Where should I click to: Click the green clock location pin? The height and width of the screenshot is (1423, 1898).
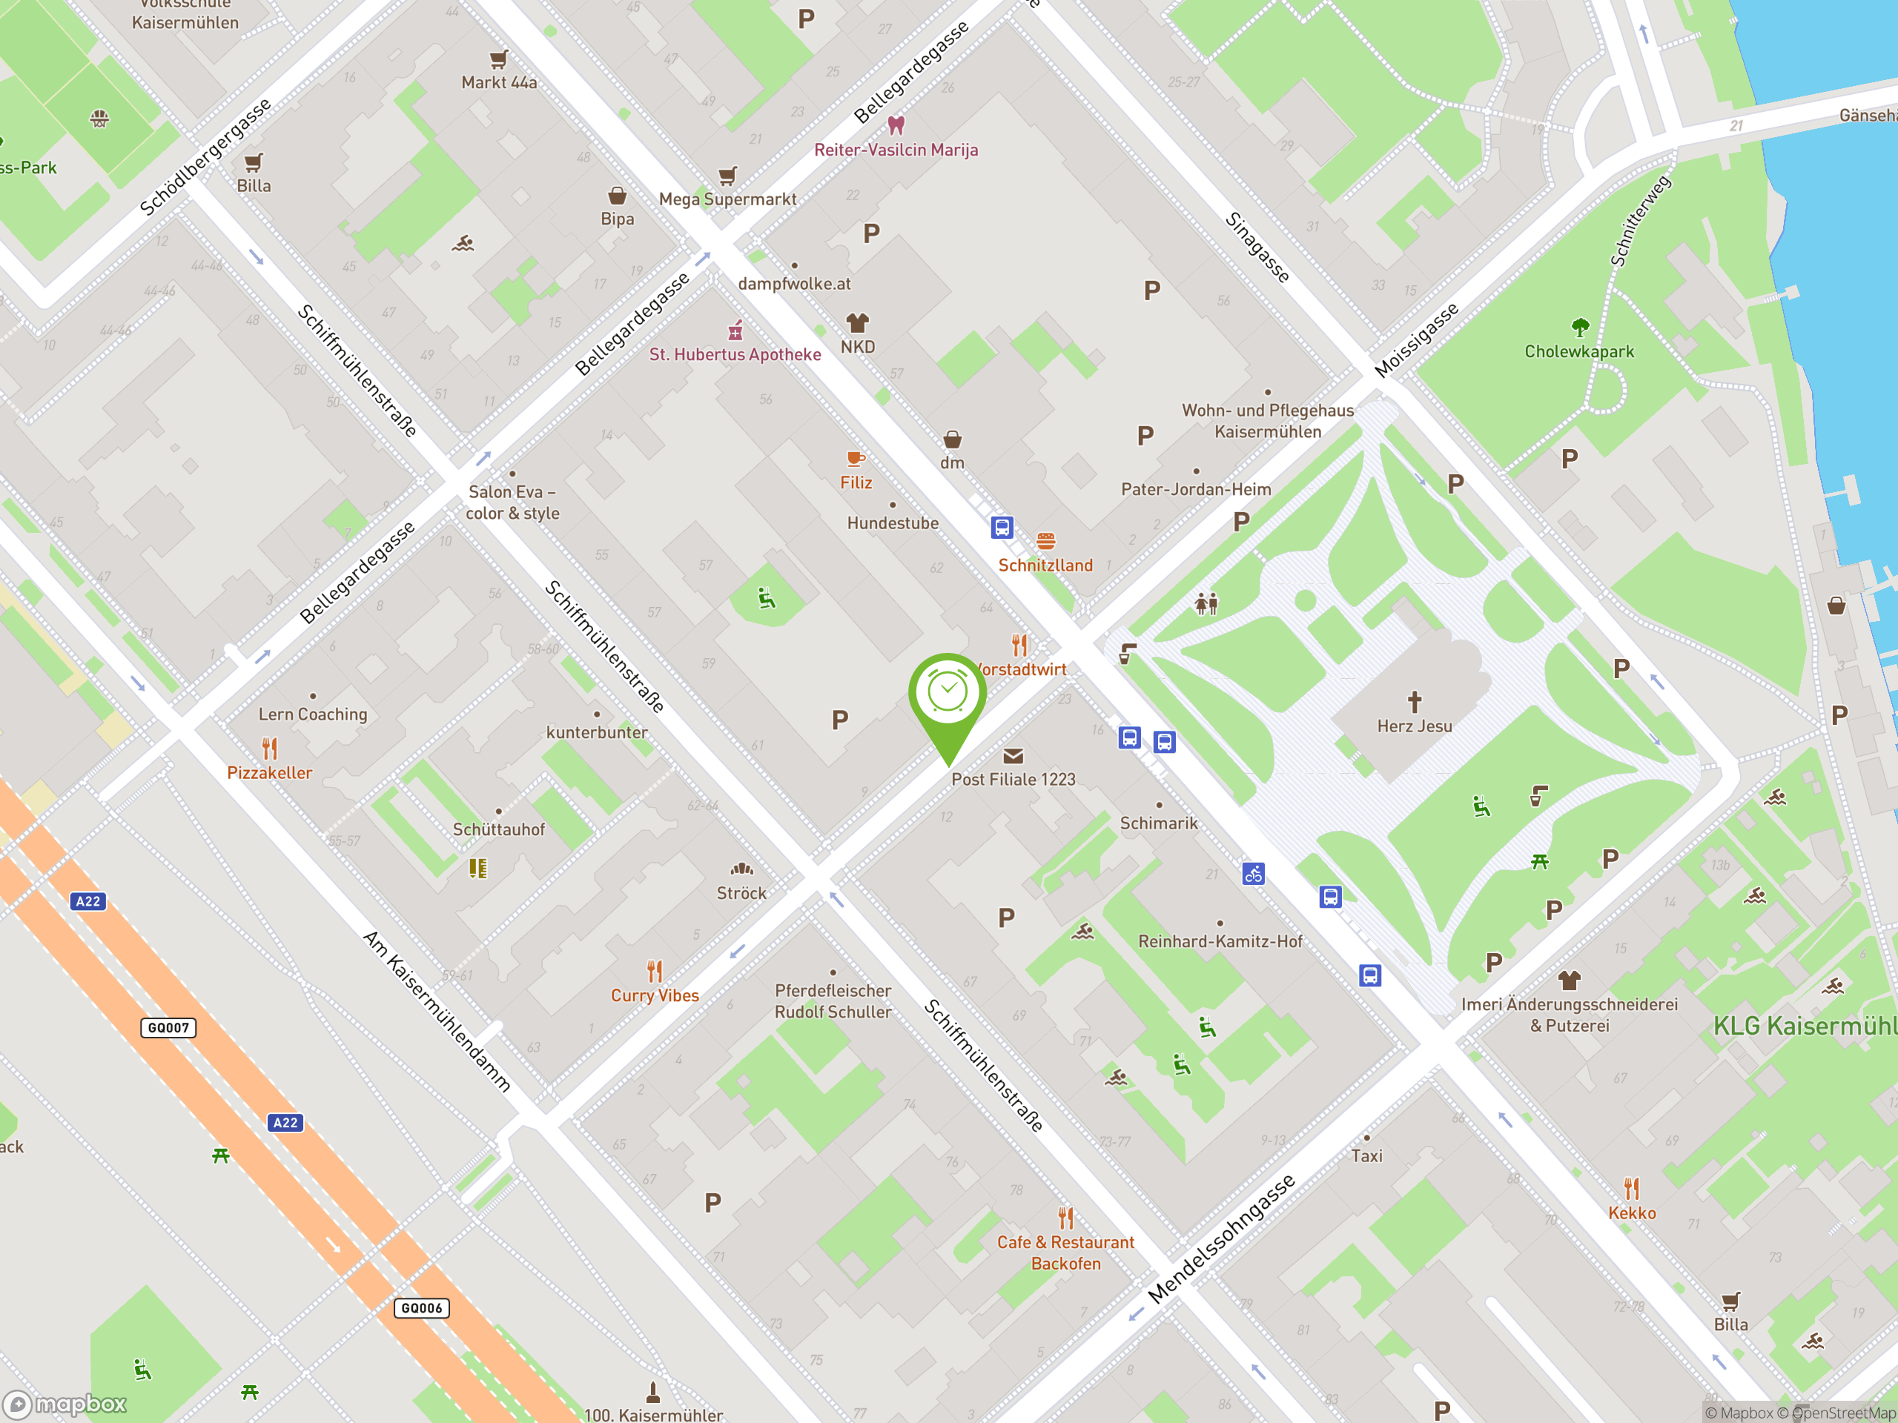pos(948,699)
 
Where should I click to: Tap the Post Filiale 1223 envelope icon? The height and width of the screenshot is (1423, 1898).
pos(1013,756)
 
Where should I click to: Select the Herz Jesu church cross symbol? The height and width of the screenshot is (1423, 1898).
pos(1414,702)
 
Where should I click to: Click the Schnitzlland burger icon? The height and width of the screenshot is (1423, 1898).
pos(1045,541)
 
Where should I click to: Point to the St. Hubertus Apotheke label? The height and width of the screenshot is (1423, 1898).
pos(735,354)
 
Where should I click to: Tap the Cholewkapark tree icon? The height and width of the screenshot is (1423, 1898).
pos(1580,327)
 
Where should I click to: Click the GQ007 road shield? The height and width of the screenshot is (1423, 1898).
pos(168,1027)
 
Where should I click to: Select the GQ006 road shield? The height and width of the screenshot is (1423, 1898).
pos(421,1308)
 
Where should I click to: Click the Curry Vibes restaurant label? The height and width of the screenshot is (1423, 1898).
pos(655,996)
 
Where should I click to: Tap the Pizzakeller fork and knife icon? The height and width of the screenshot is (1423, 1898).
pos(269,748)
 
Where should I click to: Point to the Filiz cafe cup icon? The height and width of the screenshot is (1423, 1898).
pos(856,459)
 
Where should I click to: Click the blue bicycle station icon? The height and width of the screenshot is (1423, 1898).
pos(1253,874)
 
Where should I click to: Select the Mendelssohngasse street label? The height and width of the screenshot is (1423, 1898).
pos(1221,1238)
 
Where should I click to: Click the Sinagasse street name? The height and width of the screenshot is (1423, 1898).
pos(1257,247)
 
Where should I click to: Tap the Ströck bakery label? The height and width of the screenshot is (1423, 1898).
pos(741,893)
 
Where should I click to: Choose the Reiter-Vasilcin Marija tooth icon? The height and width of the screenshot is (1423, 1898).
pos(896,125)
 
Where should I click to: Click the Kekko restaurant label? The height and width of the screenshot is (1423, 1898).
pos(1631,1213)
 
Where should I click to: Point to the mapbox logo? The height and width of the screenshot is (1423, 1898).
pos(65,1404)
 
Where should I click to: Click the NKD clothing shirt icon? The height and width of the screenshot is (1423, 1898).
pos(857,323)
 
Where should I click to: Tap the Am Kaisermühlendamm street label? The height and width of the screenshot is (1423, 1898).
pos(437,1010)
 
